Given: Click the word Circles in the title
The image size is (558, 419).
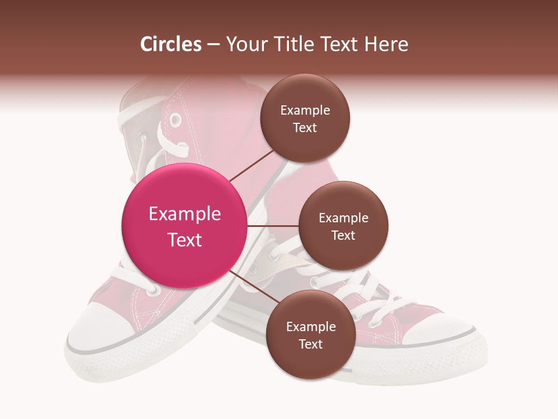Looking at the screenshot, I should pos(171,44).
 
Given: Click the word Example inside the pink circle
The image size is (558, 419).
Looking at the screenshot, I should pos(184,214).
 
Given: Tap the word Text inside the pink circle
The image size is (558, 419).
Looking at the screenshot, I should pos(184,240).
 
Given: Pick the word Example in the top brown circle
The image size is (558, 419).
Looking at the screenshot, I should pos(305,111).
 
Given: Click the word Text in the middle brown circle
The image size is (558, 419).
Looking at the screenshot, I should pos(343,236).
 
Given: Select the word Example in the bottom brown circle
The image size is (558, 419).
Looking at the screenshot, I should pos(310,327).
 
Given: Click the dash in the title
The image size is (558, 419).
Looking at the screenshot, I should pos(213,45).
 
